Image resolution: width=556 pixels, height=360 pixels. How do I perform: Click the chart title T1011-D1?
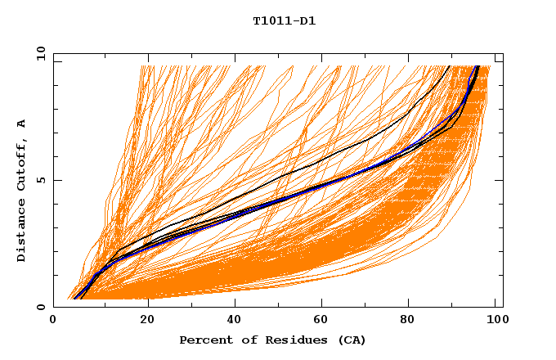pos(284,20)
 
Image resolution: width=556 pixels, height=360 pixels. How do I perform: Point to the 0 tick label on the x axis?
pos(53,321)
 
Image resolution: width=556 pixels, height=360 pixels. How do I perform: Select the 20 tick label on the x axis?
pos(142,321)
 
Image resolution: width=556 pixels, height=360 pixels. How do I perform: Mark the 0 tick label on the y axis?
pos(41,307)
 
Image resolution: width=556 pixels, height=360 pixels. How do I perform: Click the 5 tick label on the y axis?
pos(41,180)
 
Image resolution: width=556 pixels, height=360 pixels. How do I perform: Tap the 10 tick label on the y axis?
pos(38,53)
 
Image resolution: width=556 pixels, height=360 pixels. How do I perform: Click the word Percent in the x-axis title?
pos(204,340)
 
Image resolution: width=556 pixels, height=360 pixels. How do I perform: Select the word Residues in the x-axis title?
pos(287,340)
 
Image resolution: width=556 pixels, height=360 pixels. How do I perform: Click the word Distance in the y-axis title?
pos(22,230)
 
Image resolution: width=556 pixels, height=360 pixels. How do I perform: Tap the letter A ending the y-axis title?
pos(22,123)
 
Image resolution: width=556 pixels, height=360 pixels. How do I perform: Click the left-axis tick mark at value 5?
pos(56,180)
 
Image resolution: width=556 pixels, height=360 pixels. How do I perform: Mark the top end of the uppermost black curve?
pos(450,66)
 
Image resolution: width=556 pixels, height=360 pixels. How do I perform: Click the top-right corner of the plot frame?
pos(503,53)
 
